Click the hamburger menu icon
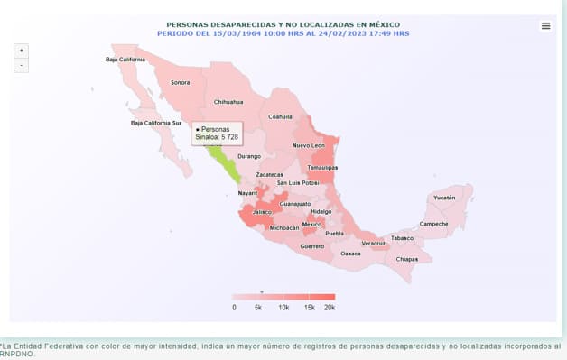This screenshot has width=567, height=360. click(545, 26)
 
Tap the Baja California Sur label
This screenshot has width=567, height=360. click(156, 123)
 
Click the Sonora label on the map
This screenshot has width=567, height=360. click(180, 82)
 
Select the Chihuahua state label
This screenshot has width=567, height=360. click(228, 102)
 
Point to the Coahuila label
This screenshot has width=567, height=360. click(280, 116)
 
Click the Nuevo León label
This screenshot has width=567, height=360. click(309, 145)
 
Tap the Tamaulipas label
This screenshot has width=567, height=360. click(322, 167)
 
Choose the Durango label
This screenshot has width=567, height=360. click(236, 156)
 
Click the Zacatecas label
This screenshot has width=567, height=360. click(269, 174)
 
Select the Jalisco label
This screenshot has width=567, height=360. click(262, 212)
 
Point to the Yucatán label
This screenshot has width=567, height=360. click(444, 197)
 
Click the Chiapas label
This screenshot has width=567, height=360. click(406, 259)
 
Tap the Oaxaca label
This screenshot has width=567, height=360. click(350, 254)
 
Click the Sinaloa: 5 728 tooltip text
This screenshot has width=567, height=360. click(217, 137)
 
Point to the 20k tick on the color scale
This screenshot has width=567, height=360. click(330, 308)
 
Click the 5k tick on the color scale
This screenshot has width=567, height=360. click(258, 308)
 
